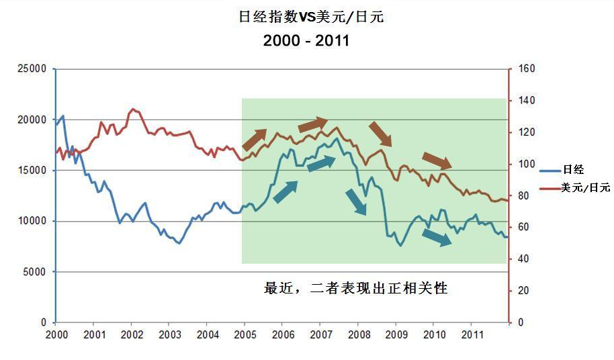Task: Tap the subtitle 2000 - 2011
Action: (x=306, y=40)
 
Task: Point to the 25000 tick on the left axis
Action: (x=32, y=69)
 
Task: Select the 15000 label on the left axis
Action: (x=32, y=170)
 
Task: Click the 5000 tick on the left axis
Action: (x=34, y=271)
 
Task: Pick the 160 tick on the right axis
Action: (x=521, y=69)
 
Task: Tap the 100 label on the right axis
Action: (x=521, y=164)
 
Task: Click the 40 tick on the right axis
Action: (x=519, y=259)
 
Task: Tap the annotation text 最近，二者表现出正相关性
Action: (x=356, y=289)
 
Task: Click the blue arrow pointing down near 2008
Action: (x=356, y=202)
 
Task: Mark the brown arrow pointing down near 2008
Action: (x=380, y=134)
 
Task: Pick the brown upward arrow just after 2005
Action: (x=254, y=140)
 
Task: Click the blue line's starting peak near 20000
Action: (x=62, y=116)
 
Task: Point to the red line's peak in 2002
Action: (x=133, y=109)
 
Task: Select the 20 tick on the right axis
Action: (x=519, y=291)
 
